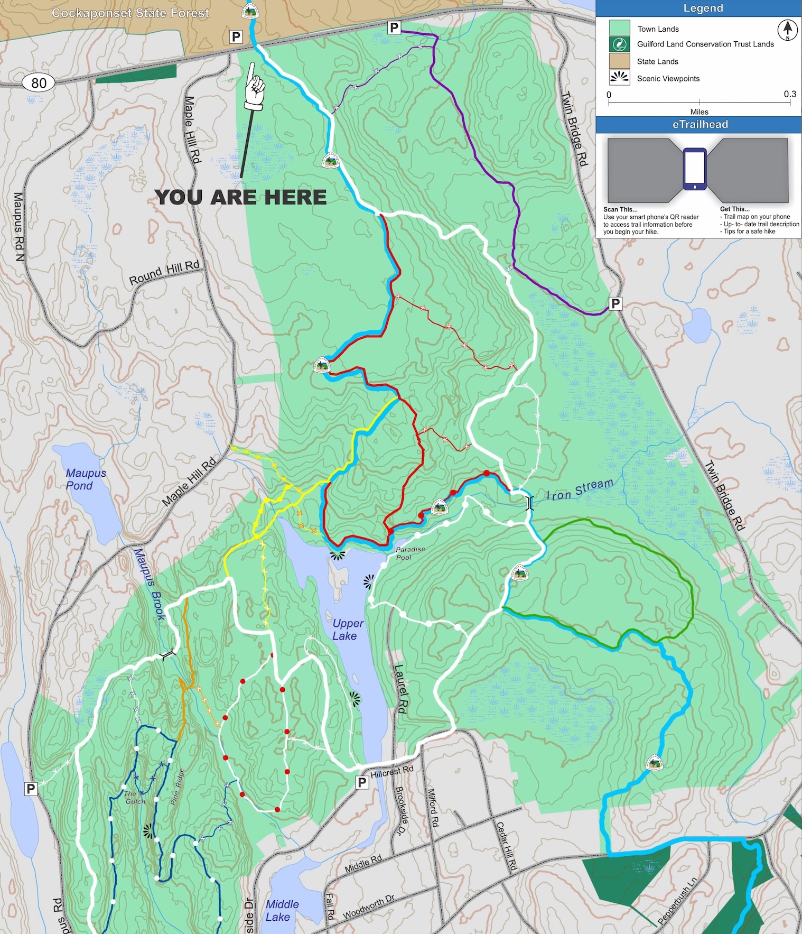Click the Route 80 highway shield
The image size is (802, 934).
pyautogui.click(x=39, y=82)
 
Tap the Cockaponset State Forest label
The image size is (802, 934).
pyautogui.click(x=130, y=13)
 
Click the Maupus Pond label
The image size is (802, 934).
pyautogui.click(x=86, y=479)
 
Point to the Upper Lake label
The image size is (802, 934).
pyautogui.click(x=347, y=630)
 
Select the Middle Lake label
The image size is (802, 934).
pyautogui.click(x=282, y=910)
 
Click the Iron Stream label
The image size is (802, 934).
pyautogui.click(x=580, y=489)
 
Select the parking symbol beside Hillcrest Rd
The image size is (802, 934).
pyautogui.click(x=362, y=782)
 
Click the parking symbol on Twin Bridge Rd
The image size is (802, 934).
pyautogui.click(x=616, y=304)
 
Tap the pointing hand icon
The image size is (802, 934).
pyautogui.click(x=254, y=87)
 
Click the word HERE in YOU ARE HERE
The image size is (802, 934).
pyautogui.click(x=295, y=198)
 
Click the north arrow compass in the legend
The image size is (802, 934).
pyautogui.click(x=787, y=30)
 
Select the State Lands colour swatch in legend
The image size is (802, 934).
pyautogui.click(x=619, y=61)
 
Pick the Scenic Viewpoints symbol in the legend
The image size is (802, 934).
pyautogui.click(x=619, y=78)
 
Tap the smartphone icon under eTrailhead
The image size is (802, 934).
pyautogui.click(x=694, y=169)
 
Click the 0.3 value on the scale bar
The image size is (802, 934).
pyautogui.click(x=789, y=94)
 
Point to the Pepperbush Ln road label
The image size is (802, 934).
pyautogui.click(x=677, y=901)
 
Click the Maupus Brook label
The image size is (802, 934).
pyautogui.click(x=149, y=584)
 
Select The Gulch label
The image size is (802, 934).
pyautogui.click(x=134, y=797)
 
